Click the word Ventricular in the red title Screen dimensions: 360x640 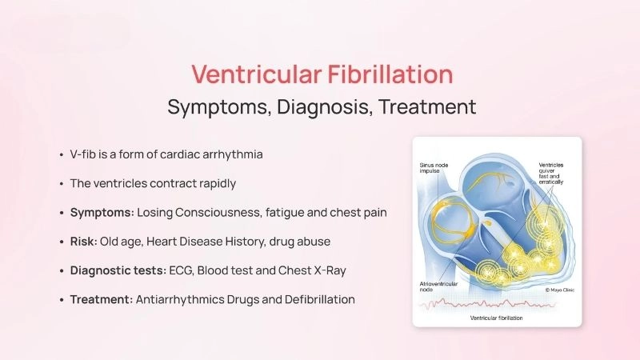coord(245,74)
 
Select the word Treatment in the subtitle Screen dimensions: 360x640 coord(426,106)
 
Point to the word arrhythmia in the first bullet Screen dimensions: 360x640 coord(234,154)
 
